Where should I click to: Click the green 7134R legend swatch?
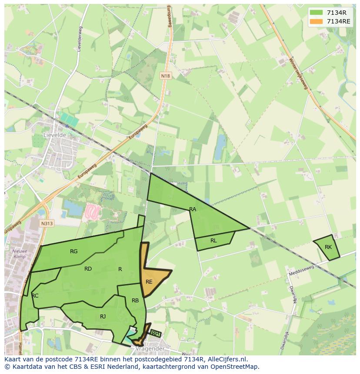[316, 13]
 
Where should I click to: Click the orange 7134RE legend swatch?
[316, 21]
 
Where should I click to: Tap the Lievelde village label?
[55, 135]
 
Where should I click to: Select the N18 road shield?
[165, 76]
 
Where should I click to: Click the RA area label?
[193, 209]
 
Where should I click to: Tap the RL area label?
[213, 241]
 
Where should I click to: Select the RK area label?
[328, 247]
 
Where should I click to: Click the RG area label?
[74, 252]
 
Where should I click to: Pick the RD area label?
[88, 269]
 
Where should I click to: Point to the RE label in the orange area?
[149, 282]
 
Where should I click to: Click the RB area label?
[135, 301]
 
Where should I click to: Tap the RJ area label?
[103, 317]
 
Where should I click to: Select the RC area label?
[35, 296]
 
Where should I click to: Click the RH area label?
[155, 334]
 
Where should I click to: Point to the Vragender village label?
[150, 349]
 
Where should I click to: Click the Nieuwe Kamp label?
[20, 254]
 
